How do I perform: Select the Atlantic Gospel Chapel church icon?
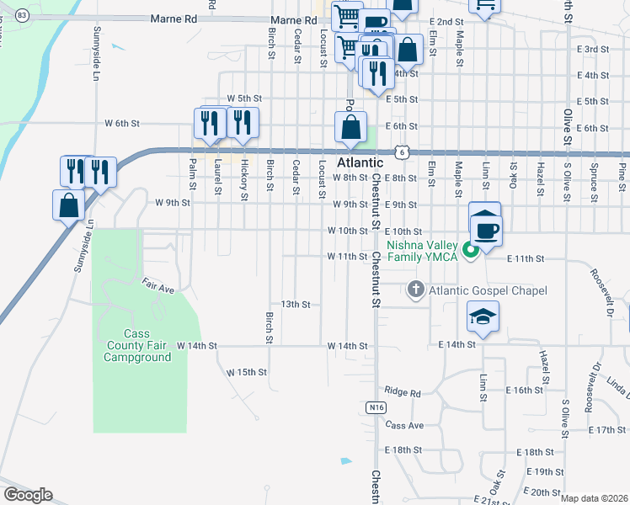pos(415,290)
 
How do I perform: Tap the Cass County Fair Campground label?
pos(136,345)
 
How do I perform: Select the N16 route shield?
pos(376,407)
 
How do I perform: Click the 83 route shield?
pos(22,16)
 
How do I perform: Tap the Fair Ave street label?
pos(157,286)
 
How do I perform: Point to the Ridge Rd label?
pos(402,391)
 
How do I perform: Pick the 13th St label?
pos(296,304)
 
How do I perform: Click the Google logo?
pos(28,495)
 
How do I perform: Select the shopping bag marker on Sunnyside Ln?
pos(68,205)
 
